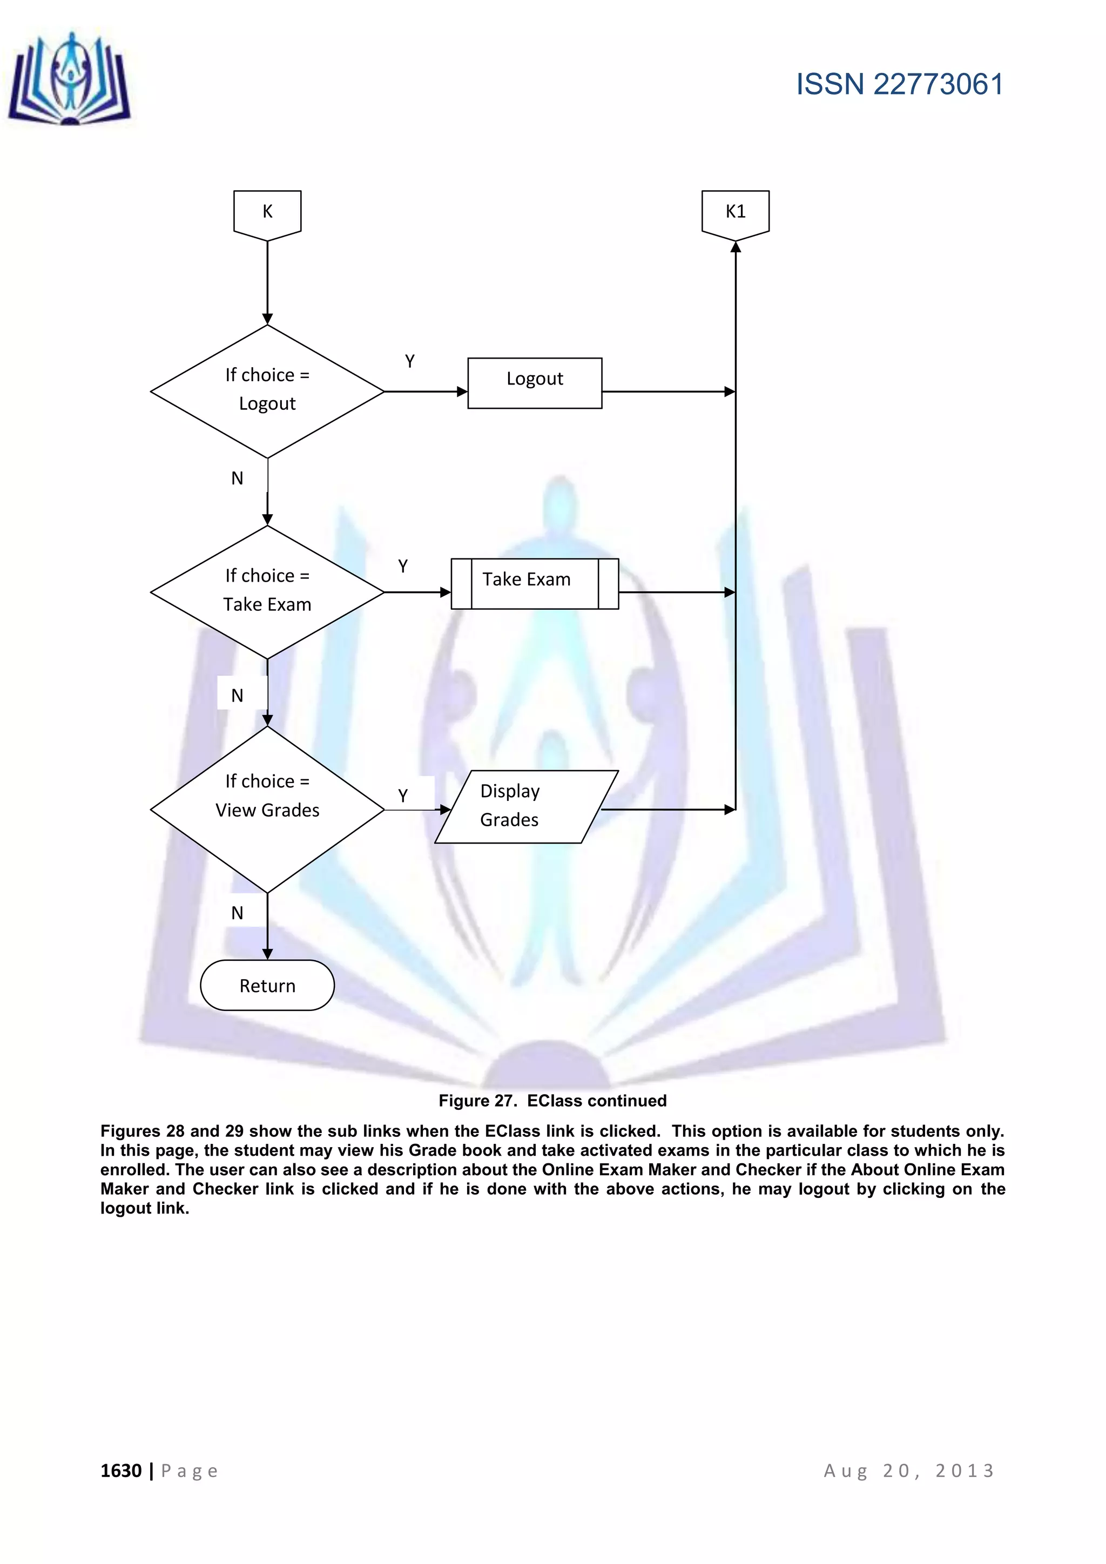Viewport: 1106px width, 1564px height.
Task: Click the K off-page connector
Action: [x=267, y=213]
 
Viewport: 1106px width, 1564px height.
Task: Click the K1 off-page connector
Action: [x=735, y=213]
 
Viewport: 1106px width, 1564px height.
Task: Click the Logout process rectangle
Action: [x=535, y=383]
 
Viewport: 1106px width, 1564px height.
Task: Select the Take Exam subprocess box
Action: [x=535, y=584]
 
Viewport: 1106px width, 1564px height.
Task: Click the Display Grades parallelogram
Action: [x=527, y=806]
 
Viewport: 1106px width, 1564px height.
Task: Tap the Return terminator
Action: [x=267, y=985]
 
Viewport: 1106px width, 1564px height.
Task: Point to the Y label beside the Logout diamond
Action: [x=409, y=361]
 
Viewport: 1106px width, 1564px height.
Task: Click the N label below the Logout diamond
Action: [x=237, y=478]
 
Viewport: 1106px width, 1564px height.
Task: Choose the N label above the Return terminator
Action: [x=237, y=913]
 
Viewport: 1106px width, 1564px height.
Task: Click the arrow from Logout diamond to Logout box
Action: [x=426, y=392]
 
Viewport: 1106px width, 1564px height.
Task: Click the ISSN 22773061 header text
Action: [x=899, y=84]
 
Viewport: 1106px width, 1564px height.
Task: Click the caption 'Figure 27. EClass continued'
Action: [x=552, y=1100]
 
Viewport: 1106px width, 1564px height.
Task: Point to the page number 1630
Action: [x=121, y=1471]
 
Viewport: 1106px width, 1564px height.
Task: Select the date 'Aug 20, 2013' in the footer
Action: [x=909, y=1471]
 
